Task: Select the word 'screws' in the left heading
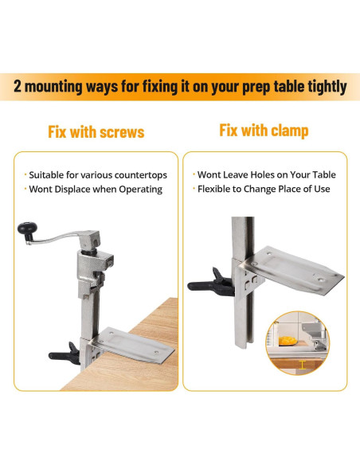pos(119,131)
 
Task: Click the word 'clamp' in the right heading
pos(288,129)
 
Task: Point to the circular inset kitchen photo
pos(299,342)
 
